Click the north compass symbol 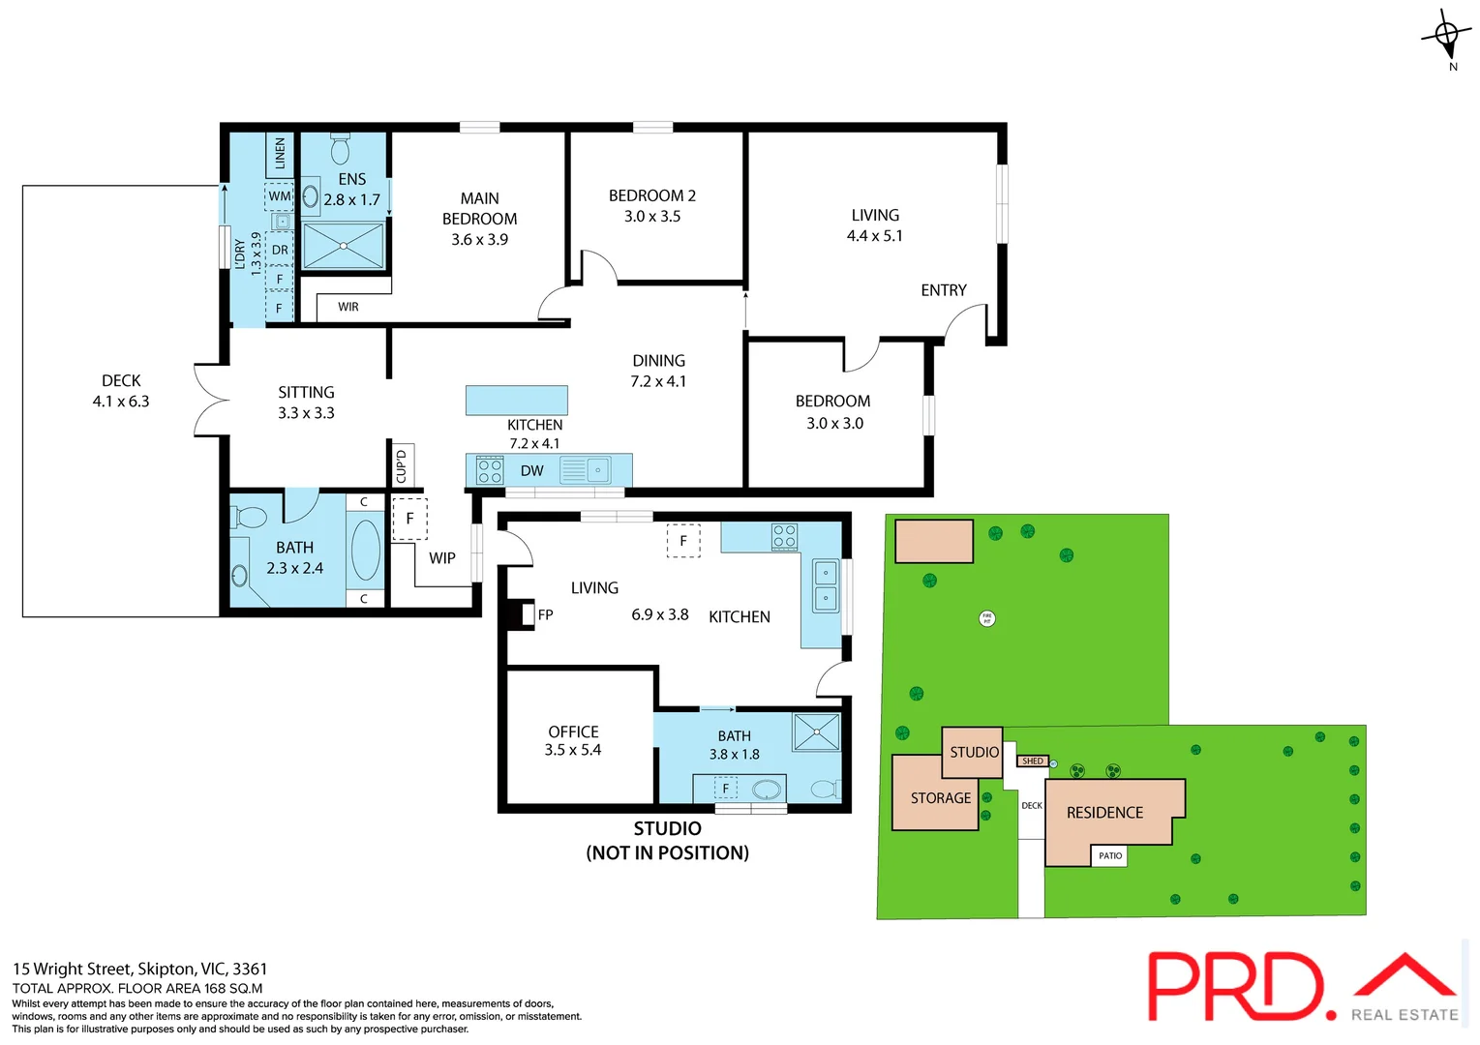(x=1446, y=37)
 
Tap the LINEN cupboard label (x=280, y=153)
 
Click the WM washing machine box (x=280, y=196)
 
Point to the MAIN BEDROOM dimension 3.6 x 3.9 (x=479, y=240)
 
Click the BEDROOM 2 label (x=651, y=195)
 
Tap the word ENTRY (x=943, y=290)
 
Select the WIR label (x=348, y=307)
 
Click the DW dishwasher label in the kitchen (x=531, y=471)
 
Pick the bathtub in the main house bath (x=365, y=550)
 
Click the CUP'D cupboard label (x=402, y=466)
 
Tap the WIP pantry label (x=442, y=558)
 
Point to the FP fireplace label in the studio (x=545, y=614)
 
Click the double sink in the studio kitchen (x=825, y=585)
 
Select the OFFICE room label (x=573, y=731)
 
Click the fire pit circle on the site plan (x=987, y=618)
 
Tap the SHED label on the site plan (x=1033, y=761)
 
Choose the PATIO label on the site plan (x=1110, y=855)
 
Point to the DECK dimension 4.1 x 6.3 (x=121, y=402)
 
